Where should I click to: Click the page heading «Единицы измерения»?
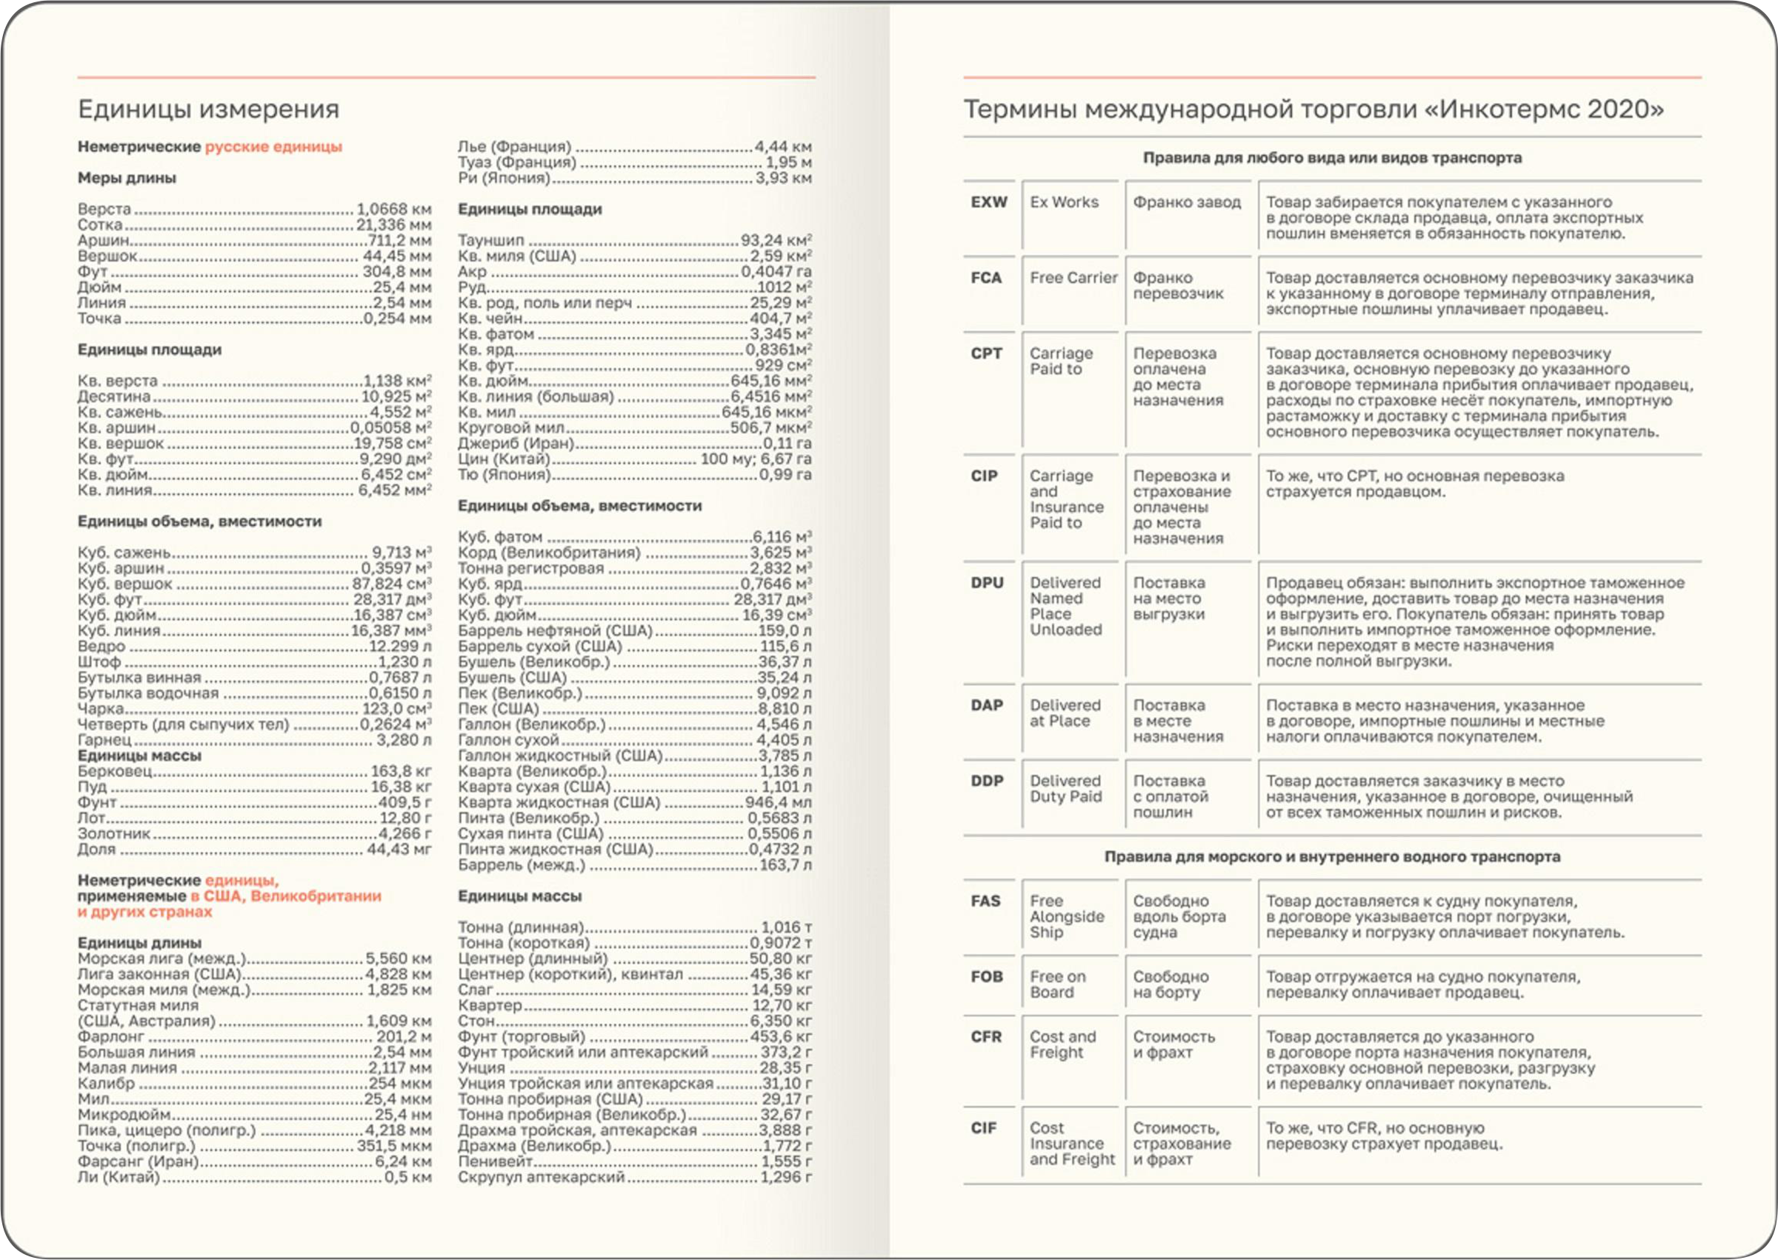coord(209,109)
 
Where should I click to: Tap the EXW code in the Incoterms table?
coord(989,202)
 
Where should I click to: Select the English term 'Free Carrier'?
coord(1073,278)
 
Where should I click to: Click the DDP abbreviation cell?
coord(987,781)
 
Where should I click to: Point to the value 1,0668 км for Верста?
coord(394,210)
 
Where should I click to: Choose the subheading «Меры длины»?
coord(127,179)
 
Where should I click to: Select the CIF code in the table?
coord(984,1128)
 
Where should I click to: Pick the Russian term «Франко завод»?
coord(1187,202)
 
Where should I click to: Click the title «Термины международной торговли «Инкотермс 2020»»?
coord(1313,110)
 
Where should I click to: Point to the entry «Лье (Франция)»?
coord(514,147)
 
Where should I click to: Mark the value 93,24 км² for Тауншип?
coord(776,241)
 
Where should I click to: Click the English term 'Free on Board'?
coord(1057,984)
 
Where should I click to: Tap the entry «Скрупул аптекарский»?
coord(541,1177)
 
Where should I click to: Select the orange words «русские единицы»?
coord(273,147)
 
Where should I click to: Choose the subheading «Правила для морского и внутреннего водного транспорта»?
coord(1332,857)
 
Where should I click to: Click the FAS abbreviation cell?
coord(985,901)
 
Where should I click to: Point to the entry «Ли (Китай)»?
coord(119,1177)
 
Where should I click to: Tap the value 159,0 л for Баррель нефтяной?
coord(785,631)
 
